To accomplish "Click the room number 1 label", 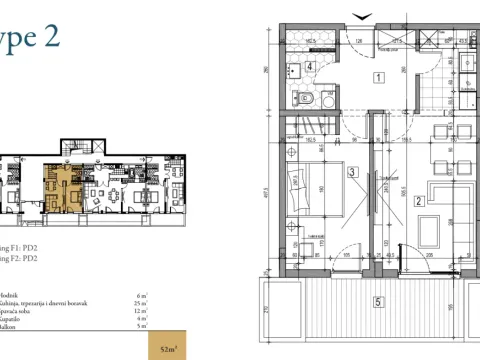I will [379, 77].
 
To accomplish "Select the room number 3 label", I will [354, 172].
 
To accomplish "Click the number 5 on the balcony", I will [378, 301].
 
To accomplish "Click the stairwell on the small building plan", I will [69, 163].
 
